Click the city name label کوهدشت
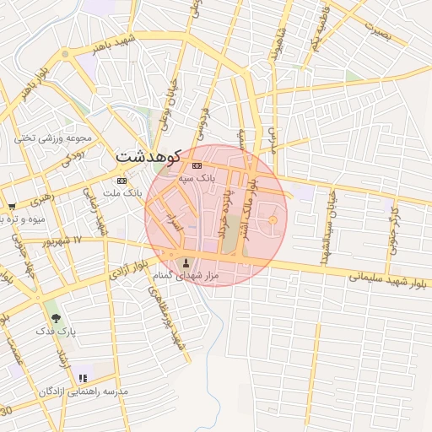point(148,157)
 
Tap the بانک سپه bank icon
point(197,165)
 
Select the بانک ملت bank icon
point(122,181)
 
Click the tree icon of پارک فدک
point(57,318)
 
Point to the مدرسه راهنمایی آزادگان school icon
point(83,379)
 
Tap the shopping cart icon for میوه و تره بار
point(12,206)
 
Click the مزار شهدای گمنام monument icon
point(186,262)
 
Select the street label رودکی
point(73,155)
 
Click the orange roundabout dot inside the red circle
point(273,221)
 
